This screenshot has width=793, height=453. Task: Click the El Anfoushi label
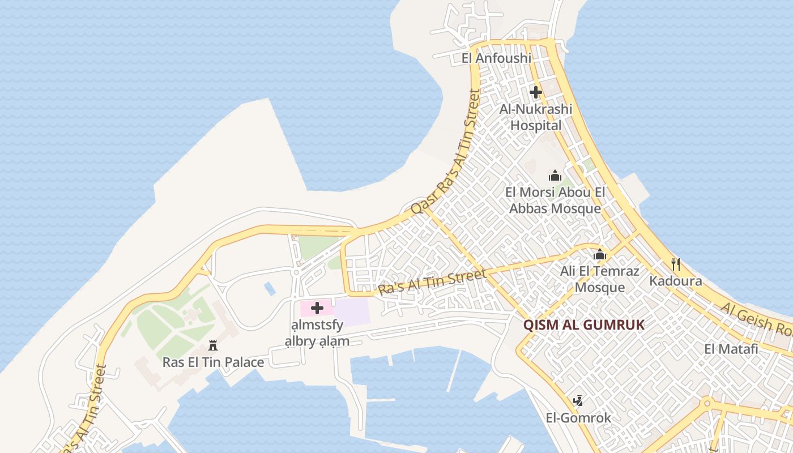pos(496,58)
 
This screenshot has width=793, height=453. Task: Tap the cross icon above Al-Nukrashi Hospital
pos(536,92)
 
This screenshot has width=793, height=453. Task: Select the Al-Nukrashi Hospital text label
pos(536,117)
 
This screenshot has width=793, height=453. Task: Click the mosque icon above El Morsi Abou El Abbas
pos(555,176)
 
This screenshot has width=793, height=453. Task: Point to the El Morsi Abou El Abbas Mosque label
pos(555,200)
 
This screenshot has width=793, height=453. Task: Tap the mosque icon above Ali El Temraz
pos(600,254)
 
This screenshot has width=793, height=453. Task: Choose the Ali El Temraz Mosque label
pos(600,279)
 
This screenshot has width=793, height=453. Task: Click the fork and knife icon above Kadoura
pos(675,264)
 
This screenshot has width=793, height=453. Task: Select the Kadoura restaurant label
pos(675,281)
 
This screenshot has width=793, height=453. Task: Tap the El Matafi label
pos(731,349)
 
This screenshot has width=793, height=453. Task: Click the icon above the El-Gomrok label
pos(578,401)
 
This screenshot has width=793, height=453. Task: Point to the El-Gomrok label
pos(578,418)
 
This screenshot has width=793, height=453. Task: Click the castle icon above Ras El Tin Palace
pos(213,345)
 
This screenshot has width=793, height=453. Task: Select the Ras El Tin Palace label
pos(213,362)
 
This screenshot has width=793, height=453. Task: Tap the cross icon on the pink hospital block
pos(317,308)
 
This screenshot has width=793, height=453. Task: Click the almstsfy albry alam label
pos(317,333)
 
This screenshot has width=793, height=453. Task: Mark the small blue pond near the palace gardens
pos(270,289)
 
